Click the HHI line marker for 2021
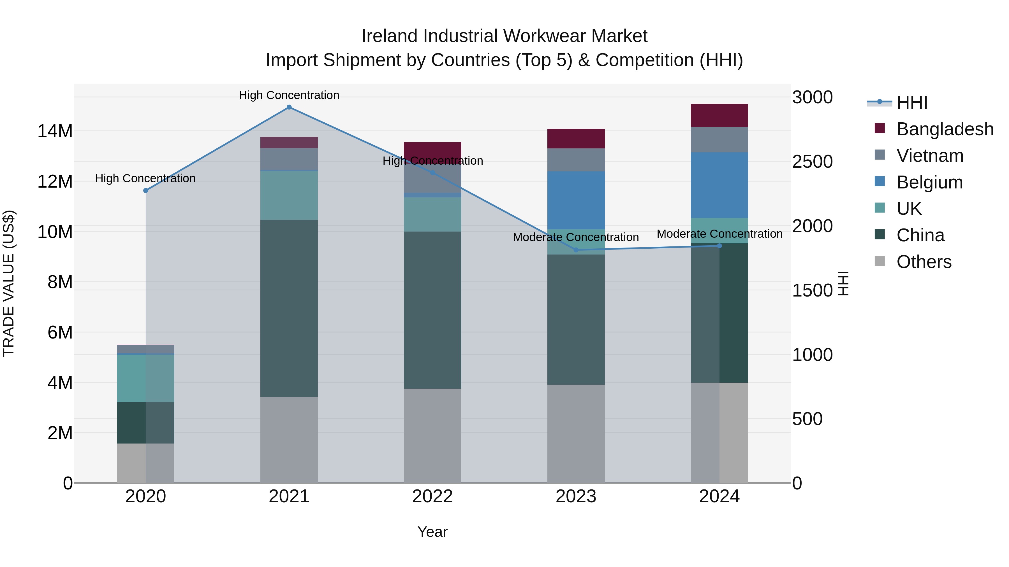(x=289, y=107)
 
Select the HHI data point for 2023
(x=576, y=250)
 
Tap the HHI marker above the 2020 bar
(x=146, y=191)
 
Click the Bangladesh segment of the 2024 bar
(x=719, y=115)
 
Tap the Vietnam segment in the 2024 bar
(x=719, y=140)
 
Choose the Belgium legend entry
(x=929, y=182)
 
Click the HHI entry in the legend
(x=912, y=102)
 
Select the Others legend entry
(x=924, y=262)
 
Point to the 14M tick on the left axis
(x=55, y=131)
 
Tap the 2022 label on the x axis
(x=432, y=496)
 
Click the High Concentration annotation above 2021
(x=289, y=95)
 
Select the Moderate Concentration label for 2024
(x=719, y=234)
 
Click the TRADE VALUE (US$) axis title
(x=9, y=283)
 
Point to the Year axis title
(x=432, y=532)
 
